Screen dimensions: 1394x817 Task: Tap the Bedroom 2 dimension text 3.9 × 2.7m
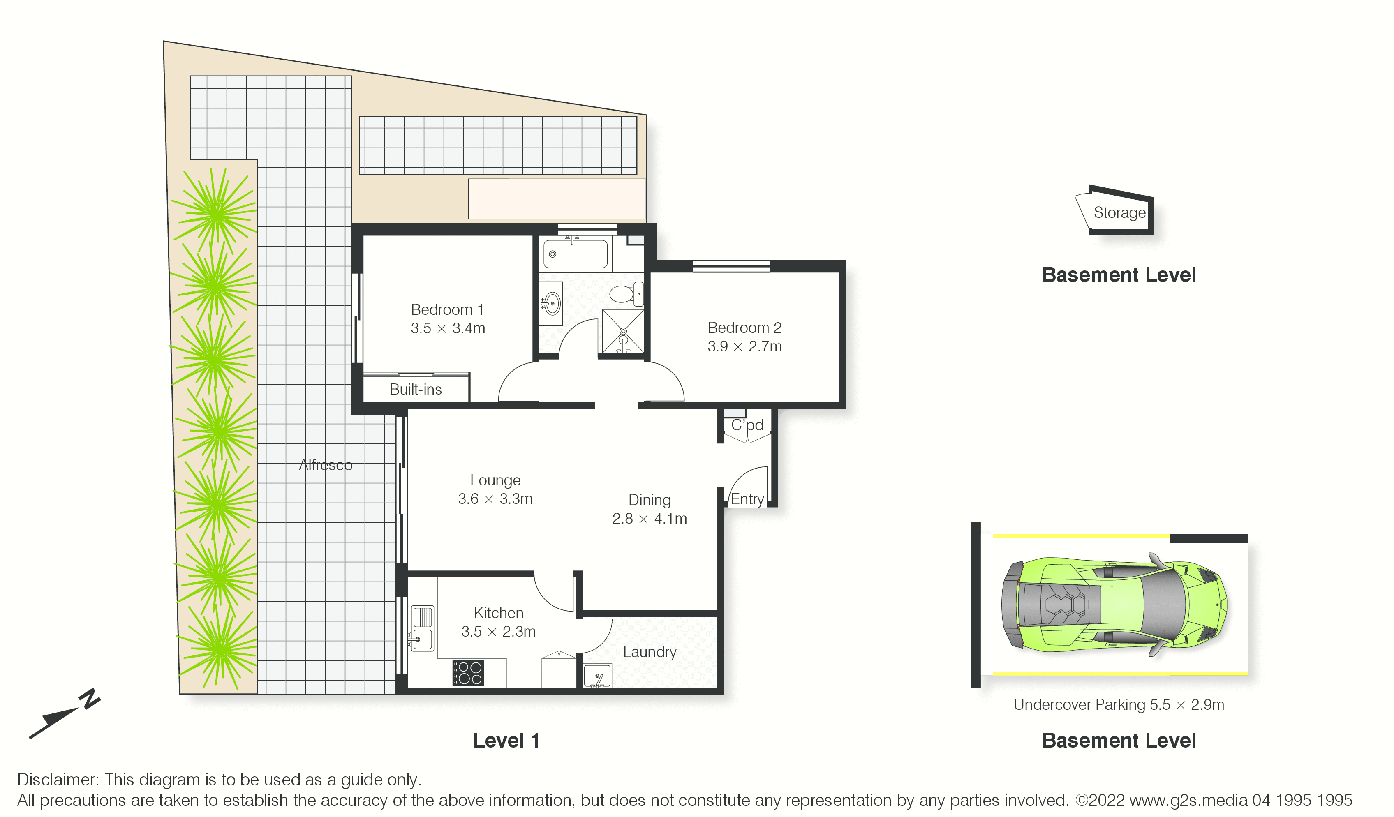744,346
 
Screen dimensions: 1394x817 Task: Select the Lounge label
495,480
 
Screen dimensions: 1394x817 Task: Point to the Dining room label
650,500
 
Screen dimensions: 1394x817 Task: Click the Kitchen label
498,613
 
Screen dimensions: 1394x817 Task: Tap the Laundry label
650,652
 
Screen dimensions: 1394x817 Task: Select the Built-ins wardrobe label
416,390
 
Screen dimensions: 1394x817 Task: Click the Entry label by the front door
747,499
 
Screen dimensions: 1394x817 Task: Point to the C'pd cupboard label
747,425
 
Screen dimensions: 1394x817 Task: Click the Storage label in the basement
1120,213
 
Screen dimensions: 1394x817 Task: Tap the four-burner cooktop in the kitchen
468,673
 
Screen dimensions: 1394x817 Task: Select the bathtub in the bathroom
575,254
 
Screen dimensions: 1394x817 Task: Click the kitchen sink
422,628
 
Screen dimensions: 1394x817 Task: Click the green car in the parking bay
1114,605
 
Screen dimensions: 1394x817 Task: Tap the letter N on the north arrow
90,699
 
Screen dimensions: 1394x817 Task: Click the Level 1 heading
506,741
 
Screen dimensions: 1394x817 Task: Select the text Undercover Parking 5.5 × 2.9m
1119,705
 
